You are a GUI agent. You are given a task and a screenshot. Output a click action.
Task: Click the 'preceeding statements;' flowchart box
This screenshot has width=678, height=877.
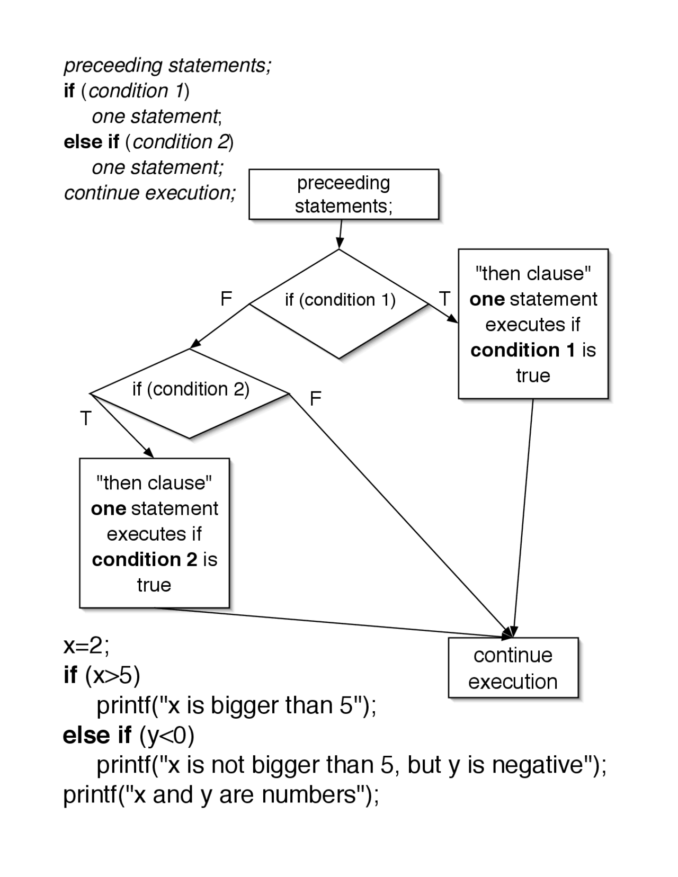344,194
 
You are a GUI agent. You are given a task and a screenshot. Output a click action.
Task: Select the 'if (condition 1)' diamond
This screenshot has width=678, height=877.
340,301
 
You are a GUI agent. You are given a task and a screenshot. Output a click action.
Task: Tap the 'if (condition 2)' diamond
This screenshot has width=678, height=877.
191,390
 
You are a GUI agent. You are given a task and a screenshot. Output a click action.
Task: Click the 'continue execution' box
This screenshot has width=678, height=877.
513,668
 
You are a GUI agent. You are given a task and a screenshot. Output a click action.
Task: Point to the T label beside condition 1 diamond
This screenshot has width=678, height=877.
444,299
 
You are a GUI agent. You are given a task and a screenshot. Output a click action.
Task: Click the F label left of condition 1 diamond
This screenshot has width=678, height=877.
226,299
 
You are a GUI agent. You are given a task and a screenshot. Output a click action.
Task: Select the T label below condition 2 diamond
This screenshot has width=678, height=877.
86,419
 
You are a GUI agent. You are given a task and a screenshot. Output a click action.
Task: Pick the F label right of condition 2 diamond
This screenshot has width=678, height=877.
316,399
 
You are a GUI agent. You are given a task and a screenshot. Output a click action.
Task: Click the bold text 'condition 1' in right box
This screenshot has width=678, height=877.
522,350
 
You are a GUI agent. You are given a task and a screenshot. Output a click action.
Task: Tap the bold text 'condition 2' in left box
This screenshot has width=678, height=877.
144,560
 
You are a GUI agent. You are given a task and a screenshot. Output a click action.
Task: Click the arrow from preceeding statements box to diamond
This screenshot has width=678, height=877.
340,234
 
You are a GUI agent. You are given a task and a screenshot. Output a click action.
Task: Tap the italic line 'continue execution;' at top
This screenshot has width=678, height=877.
150,193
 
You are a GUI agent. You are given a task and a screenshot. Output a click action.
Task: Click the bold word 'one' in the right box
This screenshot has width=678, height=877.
487,300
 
